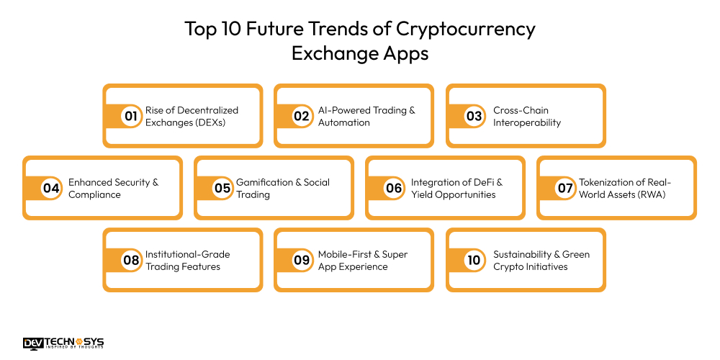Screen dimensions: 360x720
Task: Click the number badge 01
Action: pos(130,116)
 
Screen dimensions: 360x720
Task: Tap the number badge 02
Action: pos(302,116)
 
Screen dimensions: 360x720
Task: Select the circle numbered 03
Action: pos(474,116)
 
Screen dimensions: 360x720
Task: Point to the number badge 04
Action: pos(50,188)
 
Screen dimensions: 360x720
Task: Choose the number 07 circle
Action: pos(564,188)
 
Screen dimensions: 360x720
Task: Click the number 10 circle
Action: pos(474,260)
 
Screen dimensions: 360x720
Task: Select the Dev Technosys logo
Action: pos(63,343)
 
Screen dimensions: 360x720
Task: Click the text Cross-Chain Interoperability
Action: pos(527,116)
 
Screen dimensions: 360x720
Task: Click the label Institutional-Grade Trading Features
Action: pos(188,260)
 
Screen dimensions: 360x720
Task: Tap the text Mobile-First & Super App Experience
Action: pos(363,260)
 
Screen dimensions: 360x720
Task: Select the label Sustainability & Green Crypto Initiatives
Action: pos(541,260)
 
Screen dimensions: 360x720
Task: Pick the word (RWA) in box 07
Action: pos(653,194)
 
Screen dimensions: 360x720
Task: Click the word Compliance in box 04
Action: pos(94,194)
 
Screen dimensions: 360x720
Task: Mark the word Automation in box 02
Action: pos(344,122)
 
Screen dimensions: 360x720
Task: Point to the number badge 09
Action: pos(302,260)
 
